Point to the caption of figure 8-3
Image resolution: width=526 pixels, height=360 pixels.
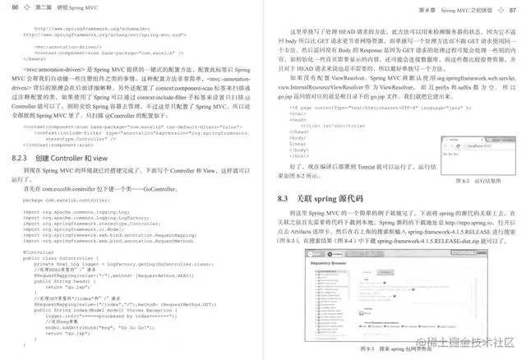pos(381,349)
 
